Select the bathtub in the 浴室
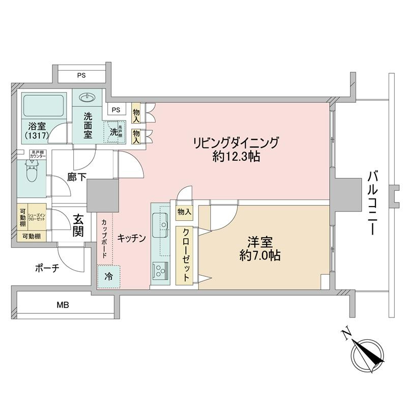tap(44, 106)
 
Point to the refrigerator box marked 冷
tap(109, 277)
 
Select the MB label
tap(63, 305)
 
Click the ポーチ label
tap(47, 268)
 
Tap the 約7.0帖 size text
tap(260, 255)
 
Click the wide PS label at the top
tap(81, 75)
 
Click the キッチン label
tap(132, 238)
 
